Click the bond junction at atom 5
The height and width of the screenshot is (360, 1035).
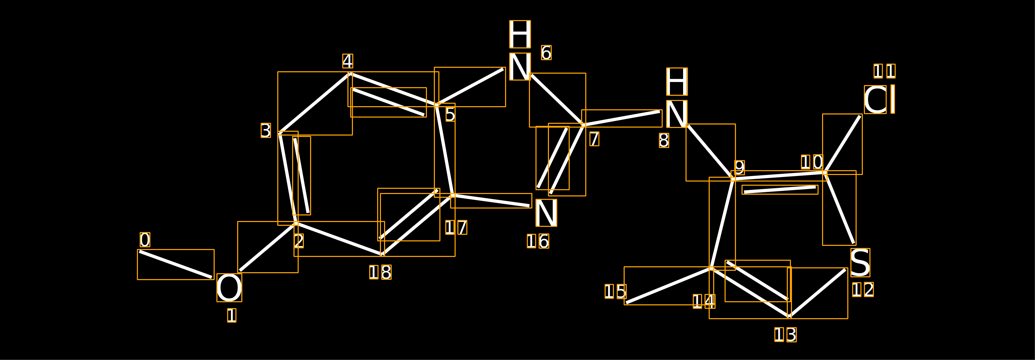click(437, 105)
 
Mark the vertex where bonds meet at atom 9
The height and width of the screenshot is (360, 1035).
click(733, 179)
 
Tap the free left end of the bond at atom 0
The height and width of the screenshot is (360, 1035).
click(139, 251)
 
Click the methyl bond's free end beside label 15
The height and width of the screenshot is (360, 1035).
click(626, 303)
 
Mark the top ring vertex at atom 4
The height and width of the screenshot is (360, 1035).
click(350, 74)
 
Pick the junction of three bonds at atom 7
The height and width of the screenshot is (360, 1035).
click(584, 125)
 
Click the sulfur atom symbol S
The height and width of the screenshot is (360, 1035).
click(860, 263)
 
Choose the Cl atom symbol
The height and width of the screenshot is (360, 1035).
click(879, 99)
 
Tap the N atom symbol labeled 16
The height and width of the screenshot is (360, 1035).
click(547, 213)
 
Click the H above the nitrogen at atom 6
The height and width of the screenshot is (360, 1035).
click(520, 34)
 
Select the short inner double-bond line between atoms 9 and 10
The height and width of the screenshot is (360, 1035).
click(780, 190)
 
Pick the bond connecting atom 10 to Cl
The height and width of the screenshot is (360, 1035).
click(842, 144)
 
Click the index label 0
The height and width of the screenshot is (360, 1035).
click(145, 240)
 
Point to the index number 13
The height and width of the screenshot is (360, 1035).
click(785, 335)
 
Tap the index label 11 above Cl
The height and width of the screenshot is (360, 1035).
click(884, 71)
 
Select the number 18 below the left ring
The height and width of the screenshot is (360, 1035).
click(381, 272)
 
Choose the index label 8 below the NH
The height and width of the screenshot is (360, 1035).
click(664, 140)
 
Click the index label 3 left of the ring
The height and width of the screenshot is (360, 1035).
click(266, 131)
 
